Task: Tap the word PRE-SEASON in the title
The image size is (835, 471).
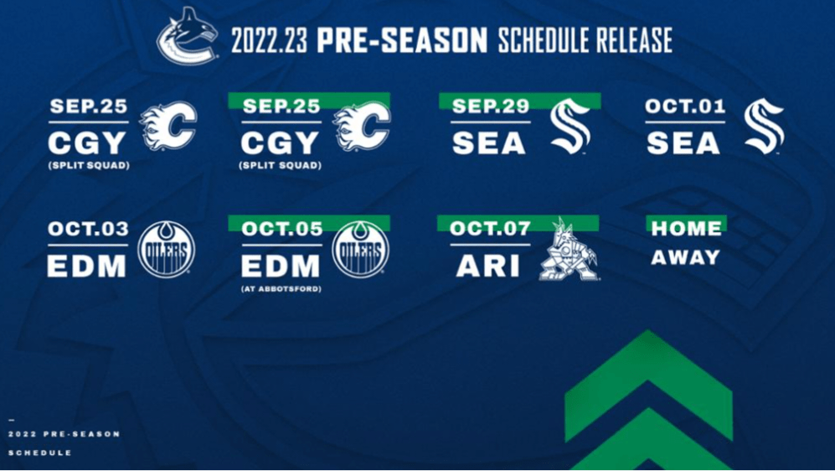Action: tap(402, 40)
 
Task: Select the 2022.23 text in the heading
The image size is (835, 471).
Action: tap(270, 40)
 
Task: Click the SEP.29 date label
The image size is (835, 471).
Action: tap(491, 106)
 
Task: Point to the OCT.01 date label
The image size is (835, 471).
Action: tap(685, 106)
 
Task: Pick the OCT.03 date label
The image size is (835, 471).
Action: tap(88, 229)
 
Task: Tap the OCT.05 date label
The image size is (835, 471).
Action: tap(281, 229)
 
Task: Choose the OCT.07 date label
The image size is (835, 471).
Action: tap(490, 229)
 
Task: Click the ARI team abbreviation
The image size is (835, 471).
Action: tap(487, 266)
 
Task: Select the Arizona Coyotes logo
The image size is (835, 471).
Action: tap(570, 249)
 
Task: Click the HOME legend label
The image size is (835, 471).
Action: tap(686, 229)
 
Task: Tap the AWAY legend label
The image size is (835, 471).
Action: tap(685, 258)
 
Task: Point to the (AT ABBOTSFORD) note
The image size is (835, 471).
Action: tap(281, 289)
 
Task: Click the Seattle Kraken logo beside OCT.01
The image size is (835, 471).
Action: tap(764, 127)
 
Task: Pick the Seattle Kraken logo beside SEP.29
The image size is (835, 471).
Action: tap(570, 127)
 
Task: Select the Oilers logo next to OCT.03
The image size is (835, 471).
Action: tap(167, 249)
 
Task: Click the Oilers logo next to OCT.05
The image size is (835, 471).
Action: tap(360, 249)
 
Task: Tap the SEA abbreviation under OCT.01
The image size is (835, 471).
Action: tap(683, 142)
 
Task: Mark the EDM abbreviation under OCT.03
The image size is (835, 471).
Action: tap(87, 266)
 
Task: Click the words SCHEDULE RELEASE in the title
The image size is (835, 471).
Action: tap(585, 40)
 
